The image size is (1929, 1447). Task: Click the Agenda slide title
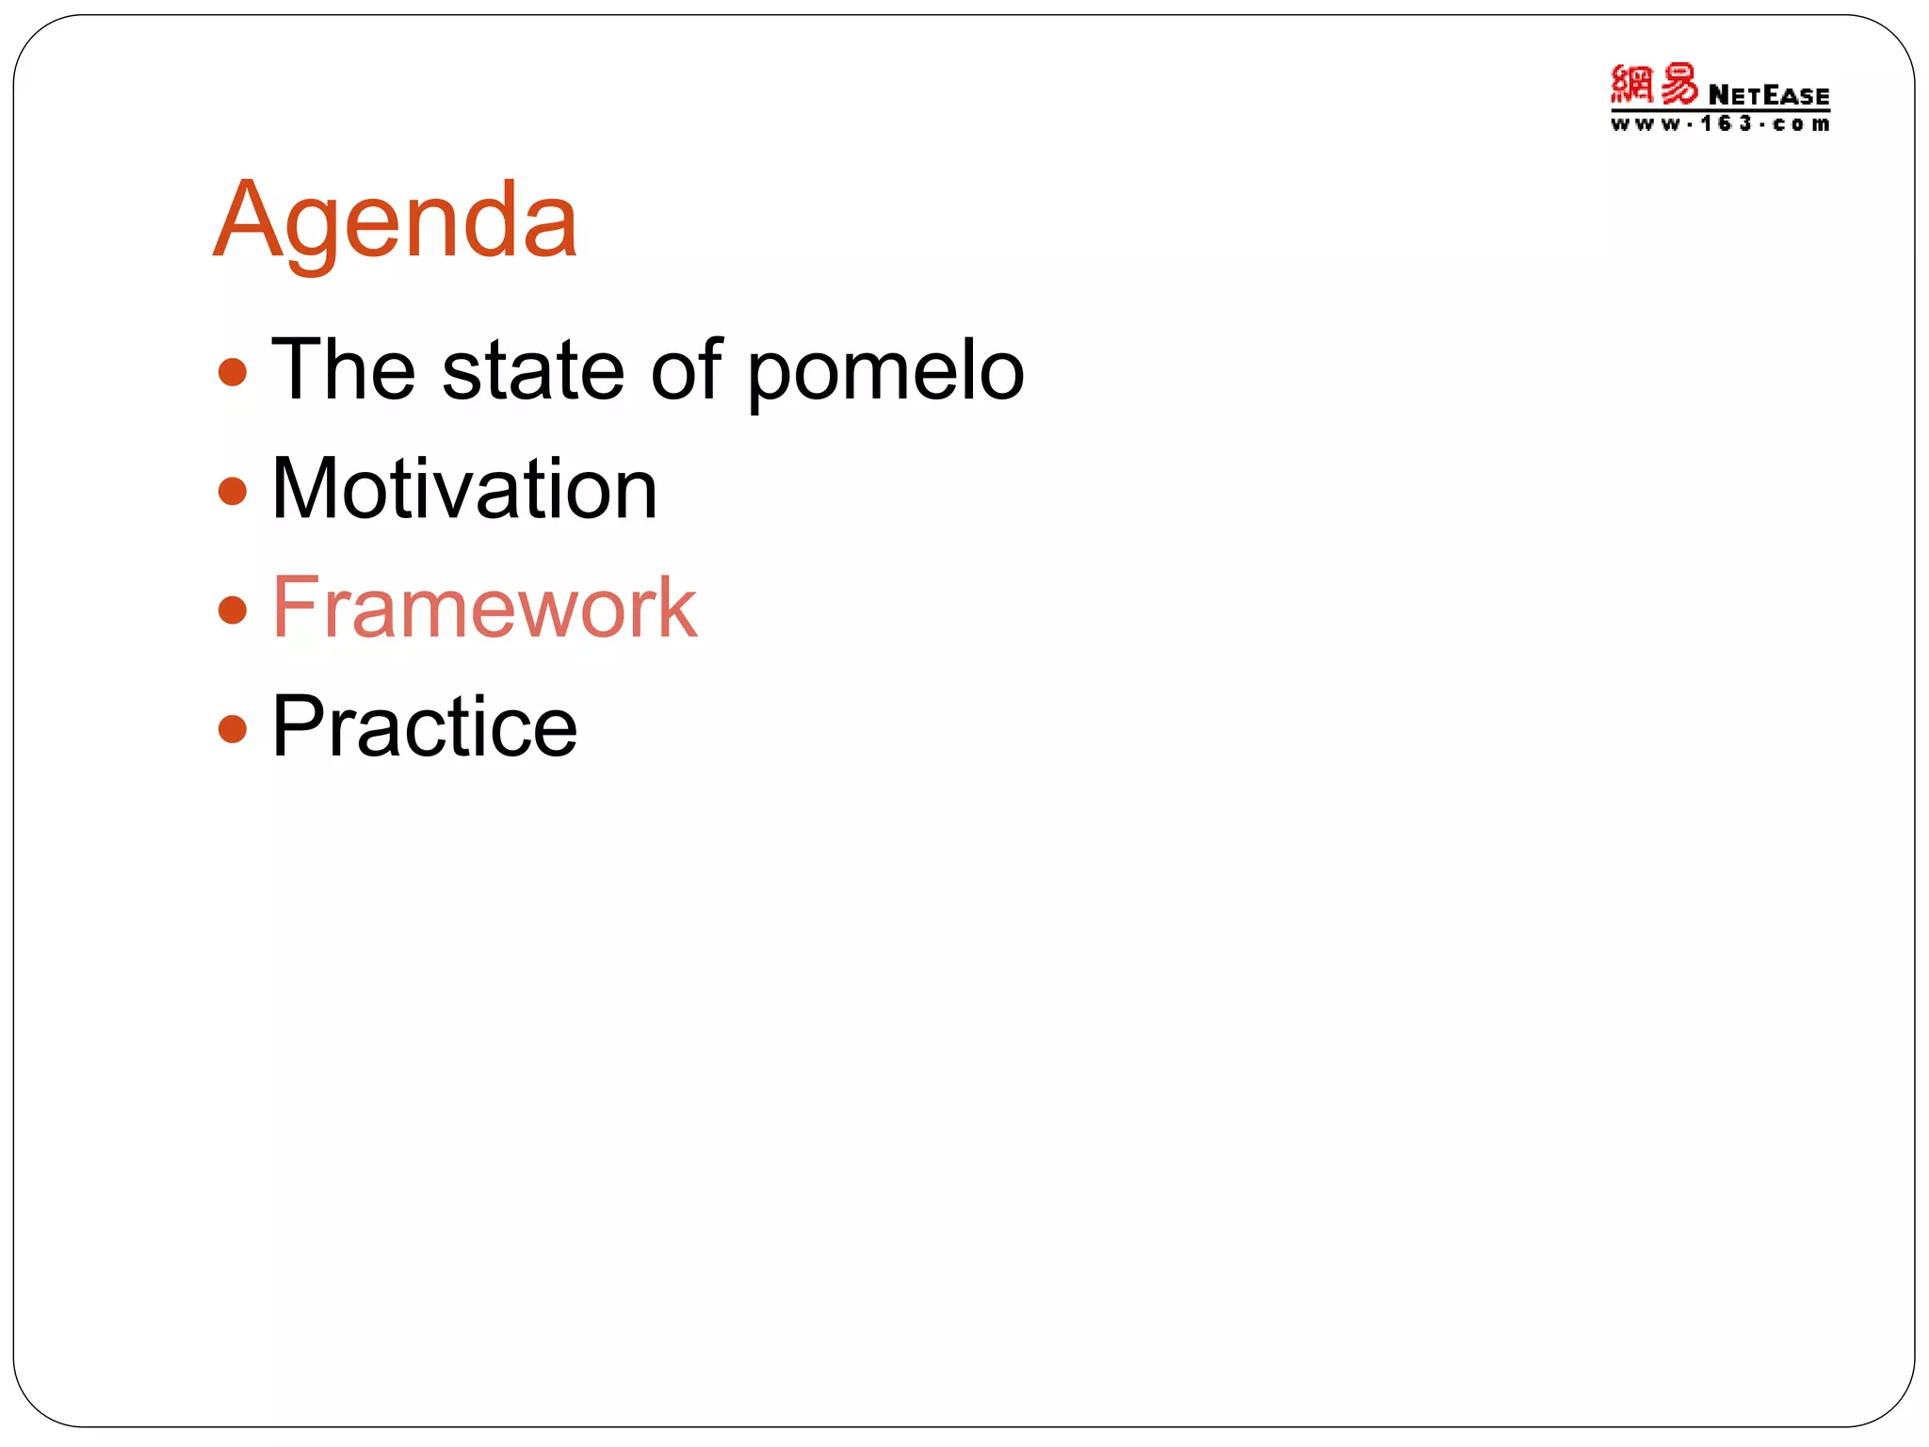395,220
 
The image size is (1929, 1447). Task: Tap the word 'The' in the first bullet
343,369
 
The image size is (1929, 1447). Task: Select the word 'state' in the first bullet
533,369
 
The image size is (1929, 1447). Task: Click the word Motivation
464,489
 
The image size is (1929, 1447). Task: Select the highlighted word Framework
484,608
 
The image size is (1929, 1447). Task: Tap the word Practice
424,726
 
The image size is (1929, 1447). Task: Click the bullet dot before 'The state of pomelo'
232,372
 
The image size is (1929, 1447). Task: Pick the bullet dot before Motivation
232,491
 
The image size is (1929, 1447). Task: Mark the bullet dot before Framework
232,610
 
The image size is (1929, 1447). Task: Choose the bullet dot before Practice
232,728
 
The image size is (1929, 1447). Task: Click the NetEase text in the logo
1768,95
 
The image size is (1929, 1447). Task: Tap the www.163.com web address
1719,124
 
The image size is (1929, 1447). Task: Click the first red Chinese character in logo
1631,85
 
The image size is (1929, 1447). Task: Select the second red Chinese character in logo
1678,85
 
